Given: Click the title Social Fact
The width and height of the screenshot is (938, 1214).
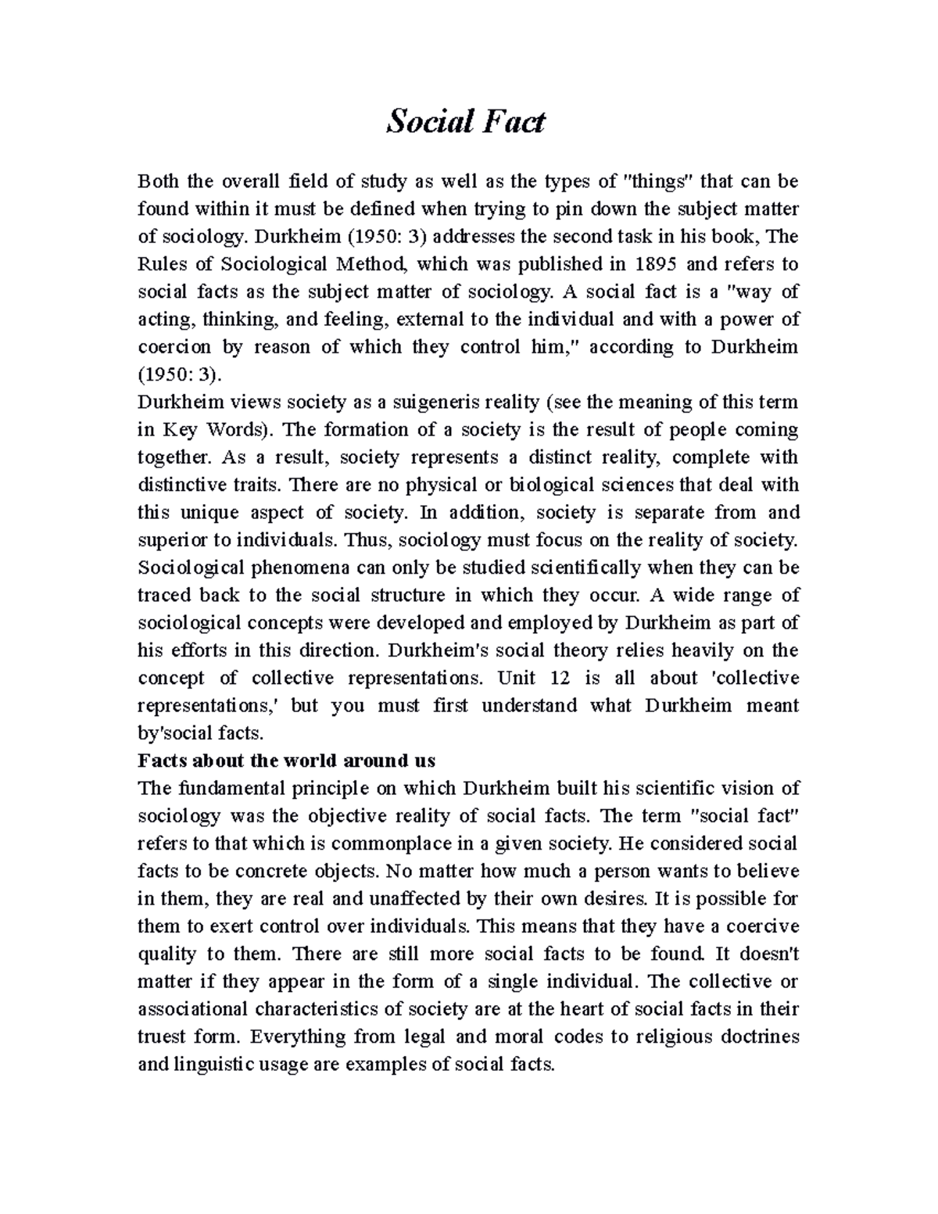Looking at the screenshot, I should tap(466, 122).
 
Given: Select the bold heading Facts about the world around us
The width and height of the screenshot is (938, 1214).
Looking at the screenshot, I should tap(286, 761).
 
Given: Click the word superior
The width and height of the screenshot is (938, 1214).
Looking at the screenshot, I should tap(167, 540).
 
